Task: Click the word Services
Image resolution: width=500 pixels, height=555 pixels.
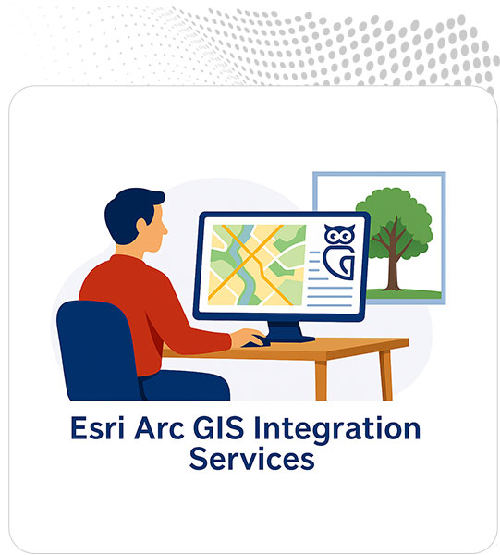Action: (x=250, y=460)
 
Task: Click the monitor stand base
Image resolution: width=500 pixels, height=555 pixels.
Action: (x=290, y=338)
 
